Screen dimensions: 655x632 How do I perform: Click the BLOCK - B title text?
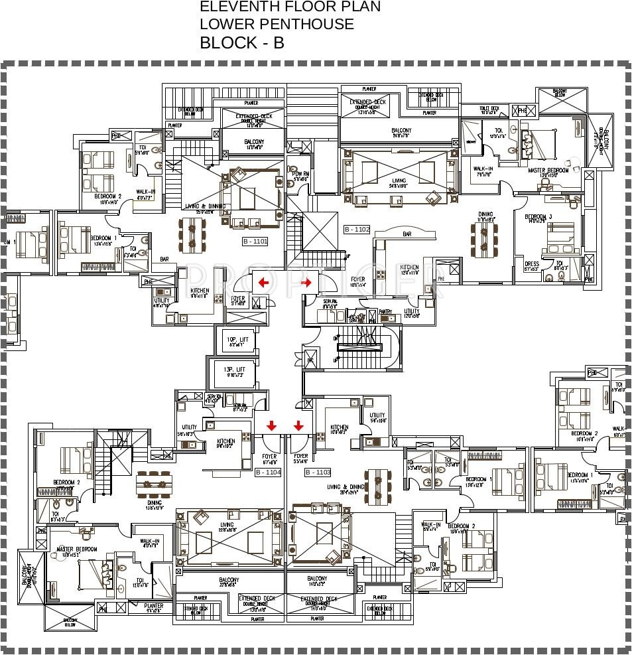[x=242, y=43]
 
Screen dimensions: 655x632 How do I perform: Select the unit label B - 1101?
[x=255, y=242]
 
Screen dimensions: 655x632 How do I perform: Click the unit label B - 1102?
[x=357, y=230]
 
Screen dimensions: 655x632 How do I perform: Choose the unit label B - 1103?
[x=318, y=473]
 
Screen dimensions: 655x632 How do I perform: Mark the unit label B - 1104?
[x=268, y=473]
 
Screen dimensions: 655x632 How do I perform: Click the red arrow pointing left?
[x=263, y=283]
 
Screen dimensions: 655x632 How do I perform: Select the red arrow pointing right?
[x=306, y=283]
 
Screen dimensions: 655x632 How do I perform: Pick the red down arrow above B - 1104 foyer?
[x=271, y=425]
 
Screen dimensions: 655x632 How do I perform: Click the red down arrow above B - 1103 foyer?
[x=298, y=425]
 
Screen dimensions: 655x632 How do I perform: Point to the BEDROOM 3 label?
[x=538, y=218]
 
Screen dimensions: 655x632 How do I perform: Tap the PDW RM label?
[x=302, y=175]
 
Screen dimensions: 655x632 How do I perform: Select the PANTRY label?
[x=385, y=311]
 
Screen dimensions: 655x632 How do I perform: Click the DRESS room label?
[x=531, y=265]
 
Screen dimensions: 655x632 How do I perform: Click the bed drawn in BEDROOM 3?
[x=558, y=236]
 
